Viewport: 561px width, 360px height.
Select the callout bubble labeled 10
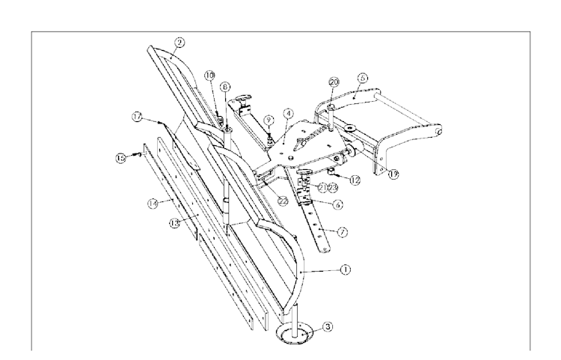point(210,75)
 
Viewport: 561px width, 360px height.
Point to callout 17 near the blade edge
point(137,116)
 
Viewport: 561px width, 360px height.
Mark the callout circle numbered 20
point(334,82)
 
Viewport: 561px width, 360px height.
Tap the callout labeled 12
point(355,180)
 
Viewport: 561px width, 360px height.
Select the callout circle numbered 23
point(331,187)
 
